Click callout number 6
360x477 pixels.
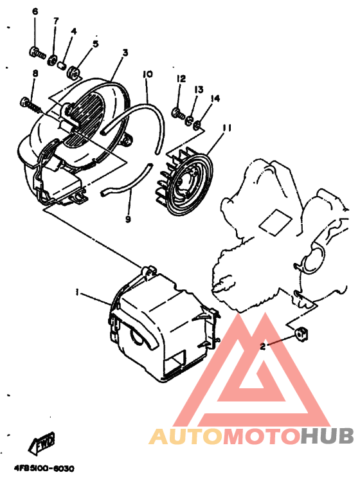[35, 12]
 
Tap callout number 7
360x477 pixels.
[56, 21]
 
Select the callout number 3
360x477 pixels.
[125, 53]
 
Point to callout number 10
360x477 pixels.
[148, 74]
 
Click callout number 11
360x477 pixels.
[227, 128]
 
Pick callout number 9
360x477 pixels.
[128, 219]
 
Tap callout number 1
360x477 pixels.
[77, 292]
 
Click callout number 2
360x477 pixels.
[263, 346]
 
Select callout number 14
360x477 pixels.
[215, 98]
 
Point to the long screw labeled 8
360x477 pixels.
[30, 105]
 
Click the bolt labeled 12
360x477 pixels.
[179, 114]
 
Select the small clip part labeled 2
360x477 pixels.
[301, 332]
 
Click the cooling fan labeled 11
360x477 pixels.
[184, 182]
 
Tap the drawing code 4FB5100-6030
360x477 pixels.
[44, 469]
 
